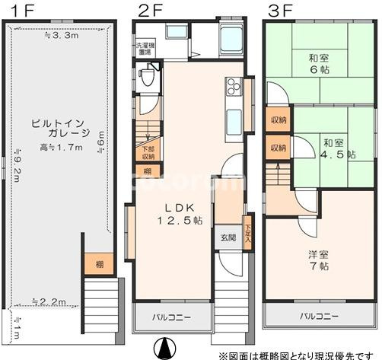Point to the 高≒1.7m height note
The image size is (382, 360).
(x=61, y=148)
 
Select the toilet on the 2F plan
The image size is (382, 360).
(x=147, y=76)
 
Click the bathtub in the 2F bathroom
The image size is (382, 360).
(x=230, y=38)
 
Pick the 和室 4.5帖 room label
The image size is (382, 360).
(x=336, y=148)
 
